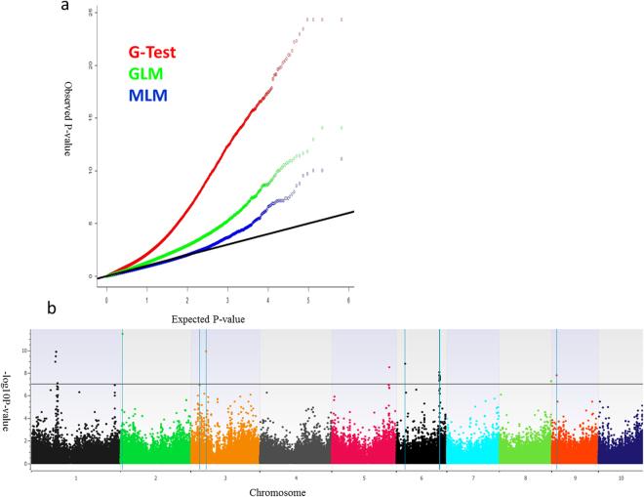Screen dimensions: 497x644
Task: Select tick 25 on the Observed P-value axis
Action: coord(91,12)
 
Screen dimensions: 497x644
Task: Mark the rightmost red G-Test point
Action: coord(342,20)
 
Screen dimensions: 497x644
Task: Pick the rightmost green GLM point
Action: coord(342,128)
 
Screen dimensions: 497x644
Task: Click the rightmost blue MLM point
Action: coord(342,158)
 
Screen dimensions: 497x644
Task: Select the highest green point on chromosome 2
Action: coord(123,334)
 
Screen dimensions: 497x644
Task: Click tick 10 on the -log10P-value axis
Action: coord(26,348)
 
